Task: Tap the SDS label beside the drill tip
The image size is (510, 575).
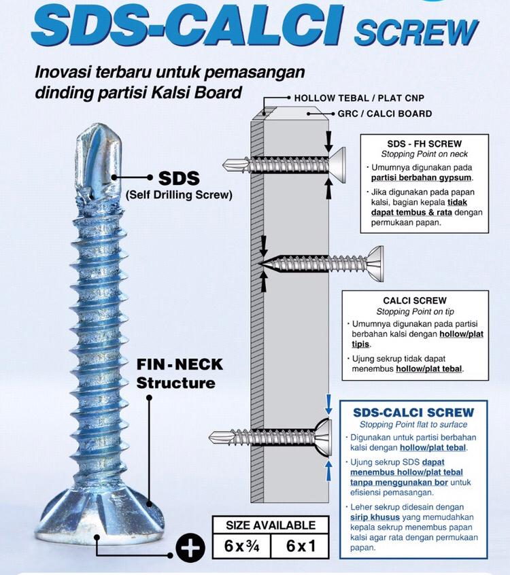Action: pyautogui.click(x=179, y=178)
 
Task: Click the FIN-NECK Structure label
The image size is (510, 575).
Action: pyautogui.click(x=180, y=374)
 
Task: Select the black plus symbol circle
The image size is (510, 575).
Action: pyautogui.click(x=190, y=548)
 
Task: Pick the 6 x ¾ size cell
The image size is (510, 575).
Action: pyautogui.click(x=241, y=546)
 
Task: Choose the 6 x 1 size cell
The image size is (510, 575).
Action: pyautogui.click(x=300, y=546)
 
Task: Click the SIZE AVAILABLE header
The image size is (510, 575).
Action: pyautogui.click(x=271, y=525)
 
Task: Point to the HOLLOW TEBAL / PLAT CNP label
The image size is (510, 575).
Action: pyautogui.click(x=359, y=99)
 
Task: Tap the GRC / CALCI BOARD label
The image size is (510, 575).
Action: pyautogui.click(x=384, y=114)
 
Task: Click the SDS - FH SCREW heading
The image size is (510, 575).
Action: pyautogui.click(x=424, y=144)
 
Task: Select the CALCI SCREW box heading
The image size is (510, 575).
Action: pyautogui.click(x=415, y=300)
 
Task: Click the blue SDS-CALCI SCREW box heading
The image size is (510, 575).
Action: pyautogui.click(x=413, y=413)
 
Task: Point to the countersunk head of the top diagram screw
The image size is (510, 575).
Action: pyautogui.click(x=337, y=165)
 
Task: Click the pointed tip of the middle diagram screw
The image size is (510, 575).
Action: pyautogui.click(x=259, y=264)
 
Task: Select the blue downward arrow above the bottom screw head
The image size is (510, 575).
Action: pyautogui.click(x=328, y=404)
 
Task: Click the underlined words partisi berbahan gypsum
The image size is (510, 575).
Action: pyautogui.click(x=421, y=178)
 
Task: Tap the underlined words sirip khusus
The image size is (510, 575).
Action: pyautogui.click(x=374, y=517)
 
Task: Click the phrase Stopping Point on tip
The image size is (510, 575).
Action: pyautogui.click(x=415, y=312)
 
